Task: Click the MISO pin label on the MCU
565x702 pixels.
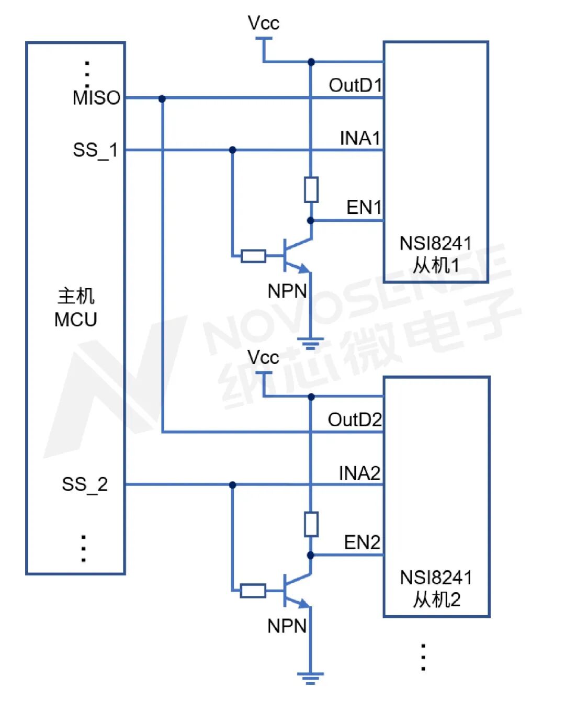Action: (x=96, y=98)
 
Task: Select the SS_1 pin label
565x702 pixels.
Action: (x=95, y=150)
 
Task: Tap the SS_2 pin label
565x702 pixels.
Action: (x=85, y=484)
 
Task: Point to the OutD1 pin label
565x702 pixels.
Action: (x=355, y=85)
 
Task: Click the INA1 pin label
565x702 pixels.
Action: (x=359, y=138)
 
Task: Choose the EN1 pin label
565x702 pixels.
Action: (x=364, y=207)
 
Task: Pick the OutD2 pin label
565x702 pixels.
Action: (x=354, y=420)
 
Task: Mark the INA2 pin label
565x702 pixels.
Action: (x=359, y=473)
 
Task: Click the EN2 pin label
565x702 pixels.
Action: (x=362, y=542)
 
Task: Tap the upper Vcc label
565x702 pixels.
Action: (x=263, y=23)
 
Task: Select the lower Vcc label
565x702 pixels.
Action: (x=263, y=358)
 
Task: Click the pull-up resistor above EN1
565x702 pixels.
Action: (x=311, y=189)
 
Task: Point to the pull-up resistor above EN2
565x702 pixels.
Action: (x=311, y=524)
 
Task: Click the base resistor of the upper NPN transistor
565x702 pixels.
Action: (x=253, y=256)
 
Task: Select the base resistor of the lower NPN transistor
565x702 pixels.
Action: (x=253, y=591)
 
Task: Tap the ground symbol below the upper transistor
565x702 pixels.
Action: (x=310, y=343)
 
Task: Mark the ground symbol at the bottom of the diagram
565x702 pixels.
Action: (x=310, y=678)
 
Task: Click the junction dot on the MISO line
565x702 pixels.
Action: (x=162, y=98)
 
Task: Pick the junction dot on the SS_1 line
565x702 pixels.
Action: (x=232, y=150)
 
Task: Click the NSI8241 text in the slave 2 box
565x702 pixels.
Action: (x=436, y=578)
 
